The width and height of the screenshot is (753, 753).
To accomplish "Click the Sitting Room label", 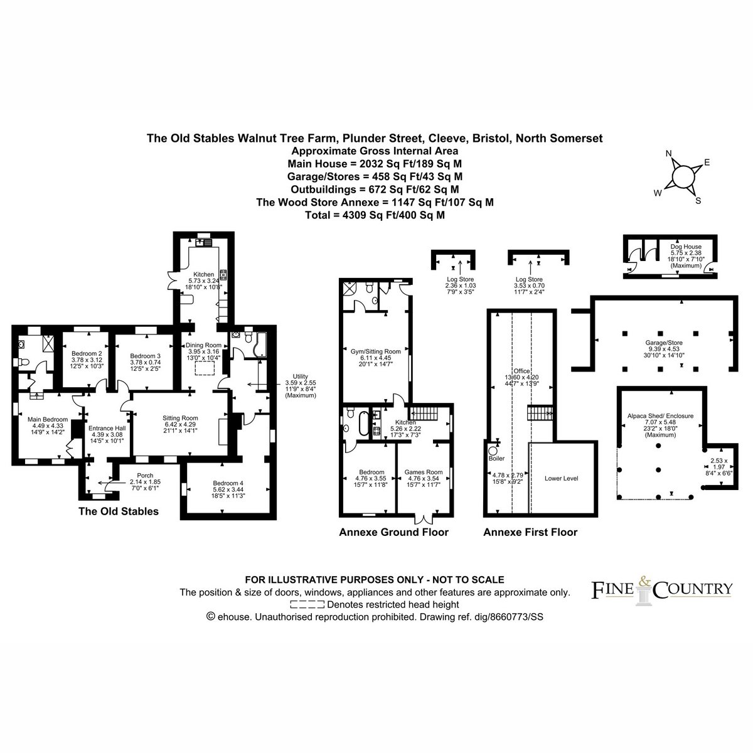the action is click(x=180, y=424).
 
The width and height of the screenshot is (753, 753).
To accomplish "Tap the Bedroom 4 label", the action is click(x=228, y=489).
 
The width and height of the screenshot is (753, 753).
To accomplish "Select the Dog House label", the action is click(x=686, y=256).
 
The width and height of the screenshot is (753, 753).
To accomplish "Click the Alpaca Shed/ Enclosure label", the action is click(x=660, y=425).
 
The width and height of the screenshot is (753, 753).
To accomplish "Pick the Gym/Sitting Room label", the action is click(x=375, y=358).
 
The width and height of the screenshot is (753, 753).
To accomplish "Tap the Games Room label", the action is click(x=424, y=478).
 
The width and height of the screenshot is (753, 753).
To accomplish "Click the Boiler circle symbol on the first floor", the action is click(x=493, y=451).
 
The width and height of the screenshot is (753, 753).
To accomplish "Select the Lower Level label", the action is click(x=562, y=478).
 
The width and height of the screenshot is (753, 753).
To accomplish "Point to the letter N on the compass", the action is click(x=668, y=154).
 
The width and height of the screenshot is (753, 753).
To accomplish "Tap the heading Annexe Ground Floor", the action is click(x=393, y=532).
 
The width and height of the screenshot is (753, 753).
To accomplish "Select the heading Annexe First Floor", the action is click(x=530, y=532).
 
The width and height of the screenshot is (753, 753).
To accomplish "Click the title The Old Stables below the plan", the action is click(x=119, y=511).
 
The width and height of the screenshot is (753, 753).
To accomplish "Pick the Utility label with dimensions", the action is click(x=301, y=386).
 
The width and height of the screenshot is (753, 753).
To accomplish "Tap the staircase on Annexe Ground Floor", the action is click(x=423, y=412).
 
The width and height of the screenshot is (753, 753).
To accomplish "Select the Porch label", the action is click(x=146, y=482).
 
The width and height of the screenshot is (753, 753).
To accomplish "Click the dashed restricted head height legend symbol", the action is click(x=307, y=604).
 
